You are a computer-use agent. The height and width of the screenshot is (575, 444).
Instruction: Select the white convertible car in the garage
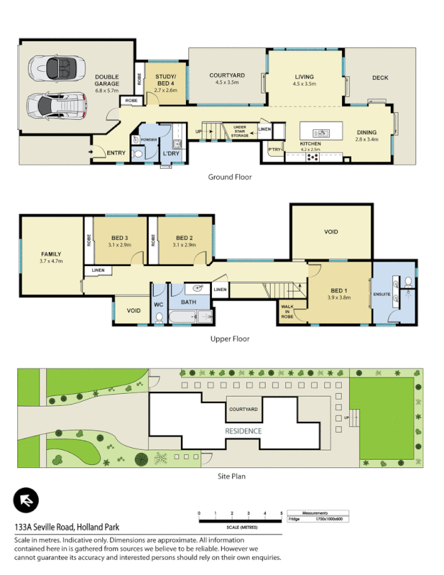pyautogui.click(x=53, y=70)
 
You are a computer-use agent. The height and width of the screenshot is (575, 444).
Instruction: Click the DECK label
pyautogui.click(x=380, y=78)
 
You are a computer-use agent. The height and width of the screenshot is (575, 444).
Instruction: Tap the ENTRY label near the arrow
pyautogui.click(x=115, y=152)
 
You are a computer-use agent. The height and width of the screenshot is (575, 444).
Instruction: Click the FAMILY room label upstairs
pyautogui.click(x=50, y=254)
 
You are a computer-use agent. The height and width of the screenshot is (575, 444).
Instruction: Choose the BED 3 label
pyautogui.click(x=119, y=238)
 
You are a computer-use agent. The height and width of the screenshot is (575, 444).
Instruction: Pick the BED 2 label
pyautogui.click(x=184, y=238)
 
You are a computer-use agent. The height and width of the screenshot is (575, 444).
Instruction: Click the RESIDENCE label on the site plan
pyautogui.click(x=243, y=431)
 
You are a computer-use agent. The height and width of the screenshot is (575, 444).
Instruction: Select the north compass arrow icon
pyautogui.click(x=25, y=500)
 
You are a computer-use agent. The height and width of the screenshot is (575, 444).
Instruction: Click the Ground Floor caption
pyautogui.click(x=229, y=177)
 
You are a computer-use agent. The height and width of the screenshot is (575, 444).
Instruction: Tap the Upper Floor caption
pyautogui.click(x=229, y=339)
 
